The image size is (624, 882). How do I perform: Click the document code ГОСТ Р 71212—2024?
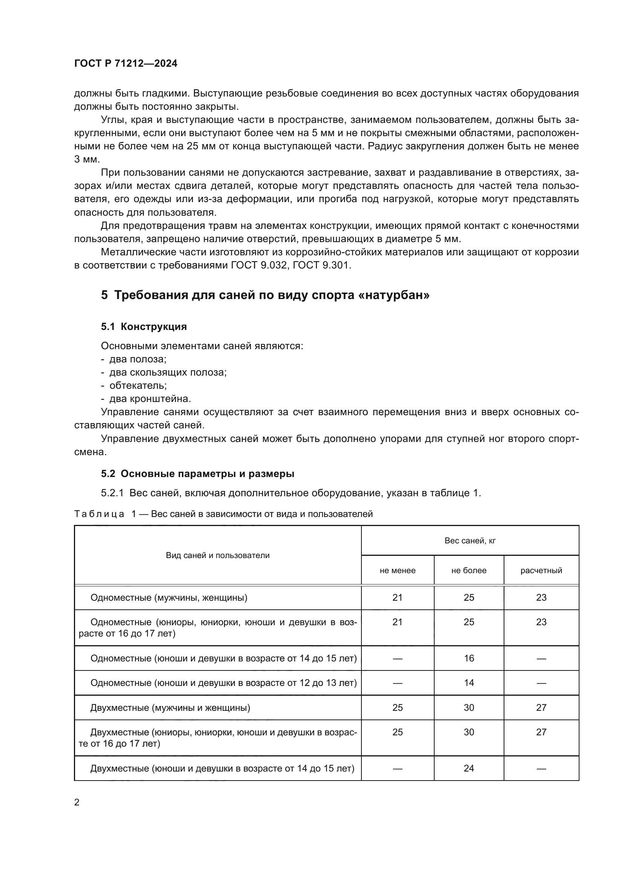coord(126,63)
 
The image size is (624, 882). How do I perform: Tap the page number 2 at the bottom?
coord(77,802)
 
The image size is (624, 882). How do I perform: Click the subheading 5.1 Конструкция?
coord(144,327)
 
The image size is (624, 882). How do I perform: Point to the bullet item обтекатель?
coord(138,385)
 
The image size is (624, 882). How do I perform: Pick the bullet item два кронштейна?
coord(150,399)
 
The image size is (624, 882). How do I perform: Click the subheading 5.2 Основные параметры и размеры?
coord(197,474)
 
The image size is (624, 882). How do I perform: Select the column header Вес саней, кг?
coord(470,540)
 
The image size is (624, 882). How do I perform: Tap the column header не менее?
coord(397,571)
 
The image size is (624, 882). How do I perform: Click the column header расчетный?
coord(541,571)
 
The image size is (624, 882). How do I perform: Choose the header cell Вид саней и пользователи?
coord(217,555)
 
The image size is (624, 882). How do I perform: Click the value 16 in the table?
coord(469,658)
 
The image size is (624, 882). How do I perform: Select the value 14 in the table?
coord(469,683)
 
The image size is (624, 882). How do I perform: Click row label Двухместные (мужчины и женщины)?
coord(170,707)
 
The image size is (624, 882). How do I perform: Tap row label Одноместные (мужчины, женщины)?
coord(169,597)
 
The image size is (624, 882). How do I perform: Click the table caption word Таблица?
coord(99,514)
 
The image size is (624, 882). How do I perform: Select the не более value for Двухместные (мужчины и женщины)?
coord(469,707)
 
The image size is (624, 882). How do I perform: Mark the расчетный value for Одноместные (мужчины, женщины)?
coord(541,597)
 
